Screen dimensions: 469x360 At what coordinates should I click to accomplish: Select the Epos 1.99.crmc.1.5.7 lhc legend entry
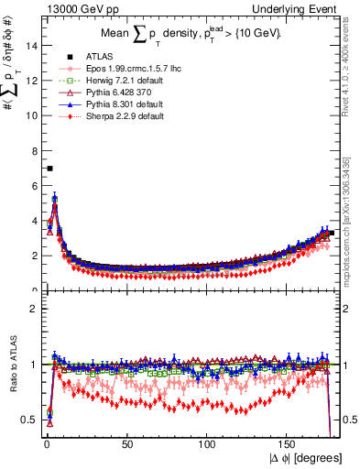click(117, 69)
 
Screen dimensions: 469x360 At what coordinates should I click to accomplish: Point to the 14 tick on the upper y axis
click(31, 46)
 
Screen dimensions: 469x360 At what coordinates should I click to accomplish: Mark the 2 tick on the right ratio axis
click(349, 309)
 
